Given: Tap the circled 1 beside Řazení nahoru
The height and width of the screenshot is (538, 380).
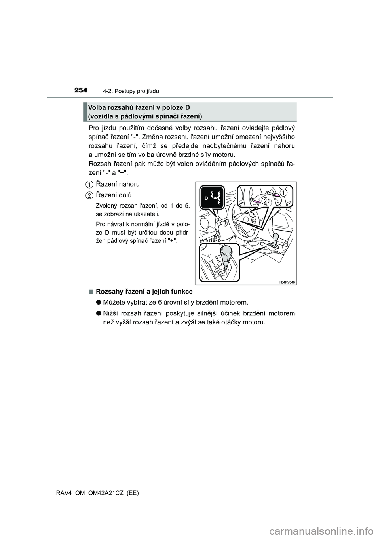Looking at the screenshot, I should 90,184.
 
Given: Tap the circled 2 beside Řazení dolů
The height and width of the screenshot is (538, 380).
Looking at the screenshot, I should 90,195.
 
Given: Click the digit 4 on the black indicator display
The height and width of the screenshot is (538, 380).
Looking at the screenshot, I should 216,197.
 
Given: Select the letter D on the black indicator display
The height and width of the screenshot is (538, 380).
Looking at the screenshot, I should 206,197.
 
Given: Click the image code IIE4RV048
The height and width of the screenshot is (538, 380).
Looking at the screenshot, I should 287,282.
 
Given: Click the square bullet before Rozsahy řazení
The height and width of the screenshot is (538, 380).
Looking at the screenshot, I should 91,292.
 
